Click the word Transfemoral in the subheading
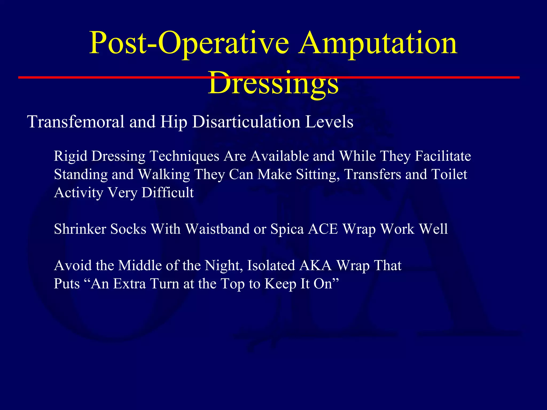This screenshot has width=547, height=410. point(76,122)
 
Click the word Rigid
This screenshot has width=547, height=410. point(71,156)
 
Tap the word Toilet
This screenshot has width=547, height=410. point(449,174)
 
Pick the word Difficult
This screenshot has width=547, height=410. point(167,192)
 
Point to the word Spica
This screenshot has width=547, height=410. point(287,229)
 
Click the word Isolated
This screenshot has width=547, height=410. point(271,266)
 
